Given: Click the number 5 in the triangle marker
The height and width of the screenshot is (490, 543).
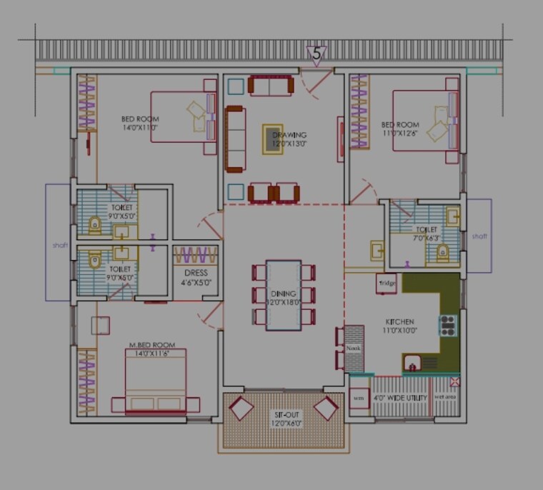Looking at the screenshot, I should (x=317, y=54).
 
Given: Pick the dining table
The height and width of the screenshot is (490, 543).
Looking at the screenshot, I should (x=284, y=295).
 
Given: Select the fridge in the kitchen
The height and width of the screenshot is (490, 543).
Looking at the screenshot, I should (x=387, y=284).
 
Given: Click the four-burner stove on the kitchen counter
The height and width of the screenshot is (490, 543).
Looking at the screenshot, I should (x=448, y=326).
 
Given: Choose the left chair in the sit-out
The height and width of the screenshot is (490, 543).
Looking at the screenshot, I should (x=241, y=409).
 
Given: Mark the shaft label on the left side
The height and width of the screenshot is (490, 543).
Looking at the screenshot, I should (x=60, y=245).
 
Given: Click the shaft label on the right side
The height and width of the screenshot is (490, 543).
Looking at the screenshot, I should (x=479, y=236).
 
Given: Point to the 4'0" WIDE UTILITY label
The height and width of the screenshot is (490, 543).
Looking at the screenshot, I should (x=400, y=398).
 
